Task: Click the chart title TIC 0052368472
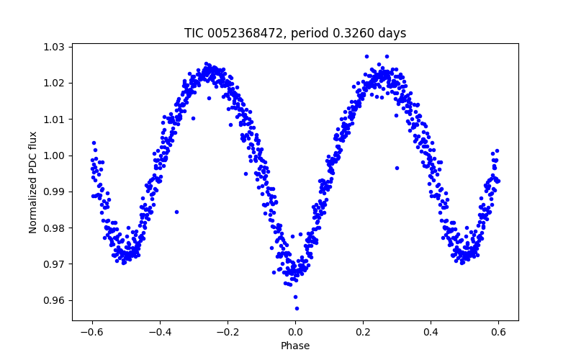(295, 33)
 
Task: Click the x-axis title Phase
(295, 346)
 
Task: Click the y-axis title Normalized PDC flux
(32, 181)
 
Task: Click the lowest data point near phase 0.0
(297, 308)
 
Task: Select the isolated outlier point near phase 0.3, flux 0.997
(397, 168)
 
